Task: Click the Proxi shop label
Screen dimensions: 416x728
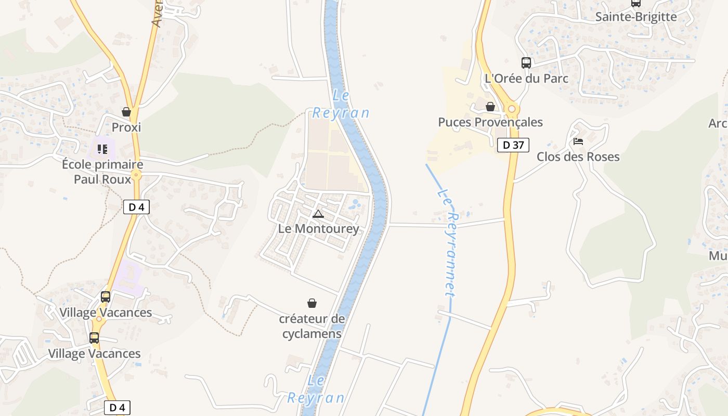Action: click(x=126, y=127)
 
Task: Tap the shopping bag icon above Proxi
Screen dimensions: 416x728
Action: click(x=126, y=112)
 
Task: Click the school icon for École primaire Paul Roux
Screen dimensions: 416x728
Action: click(x=102, y=149)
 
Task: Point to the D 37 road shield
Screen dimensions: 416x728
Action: click(x=513, y=145)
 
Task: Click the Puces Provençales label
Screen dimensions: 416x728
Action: click(x=490, y=122)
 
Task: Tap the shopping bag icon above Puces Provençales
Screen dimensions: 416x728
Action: click(x=490, y=107)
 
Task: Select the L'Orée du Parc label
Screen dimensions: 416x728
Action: click(x=526, y=79)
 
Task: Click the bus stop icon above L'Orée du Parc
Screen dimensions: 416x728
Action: click(x=526, y=63)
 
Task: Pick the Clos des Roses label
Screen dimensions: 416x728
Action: click(x=578, y=157)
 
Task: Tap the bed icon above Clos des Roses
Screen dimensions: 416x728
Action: click(x=578, y=141)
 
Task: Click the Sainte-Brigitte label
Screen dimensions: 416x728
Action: click(x=636, y=17)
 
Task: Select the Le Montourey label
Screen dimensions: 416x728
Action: click(x=318, y=229)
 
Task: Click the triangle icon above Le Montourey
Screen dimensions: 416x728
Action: click(x=318, y=214)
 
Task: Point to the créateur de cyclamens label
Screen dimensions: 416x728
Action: click(x=312, y=326)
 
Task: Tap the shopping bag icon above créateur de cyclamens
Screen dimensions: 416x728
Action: click(x=312, y=303)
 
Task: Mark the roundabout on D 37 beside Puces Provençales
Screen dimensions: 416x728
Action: click(x=512, y=109)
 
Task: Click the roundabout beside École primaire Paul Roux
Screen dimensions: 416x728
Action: click(x=136, y=175)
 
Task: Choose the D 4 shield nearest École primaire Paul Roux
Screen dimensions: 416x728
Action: click(x=136, y=207)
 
